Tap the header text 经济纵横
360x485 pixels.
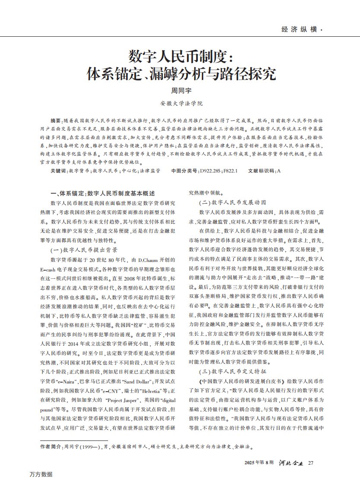click(299, 29)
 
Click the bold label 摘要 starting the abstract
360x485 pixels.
click(56, 119)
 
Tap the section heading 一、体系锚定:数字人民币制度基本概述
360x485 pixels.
click(102, 193)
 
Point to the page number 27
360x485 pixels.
click(311, 464)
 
